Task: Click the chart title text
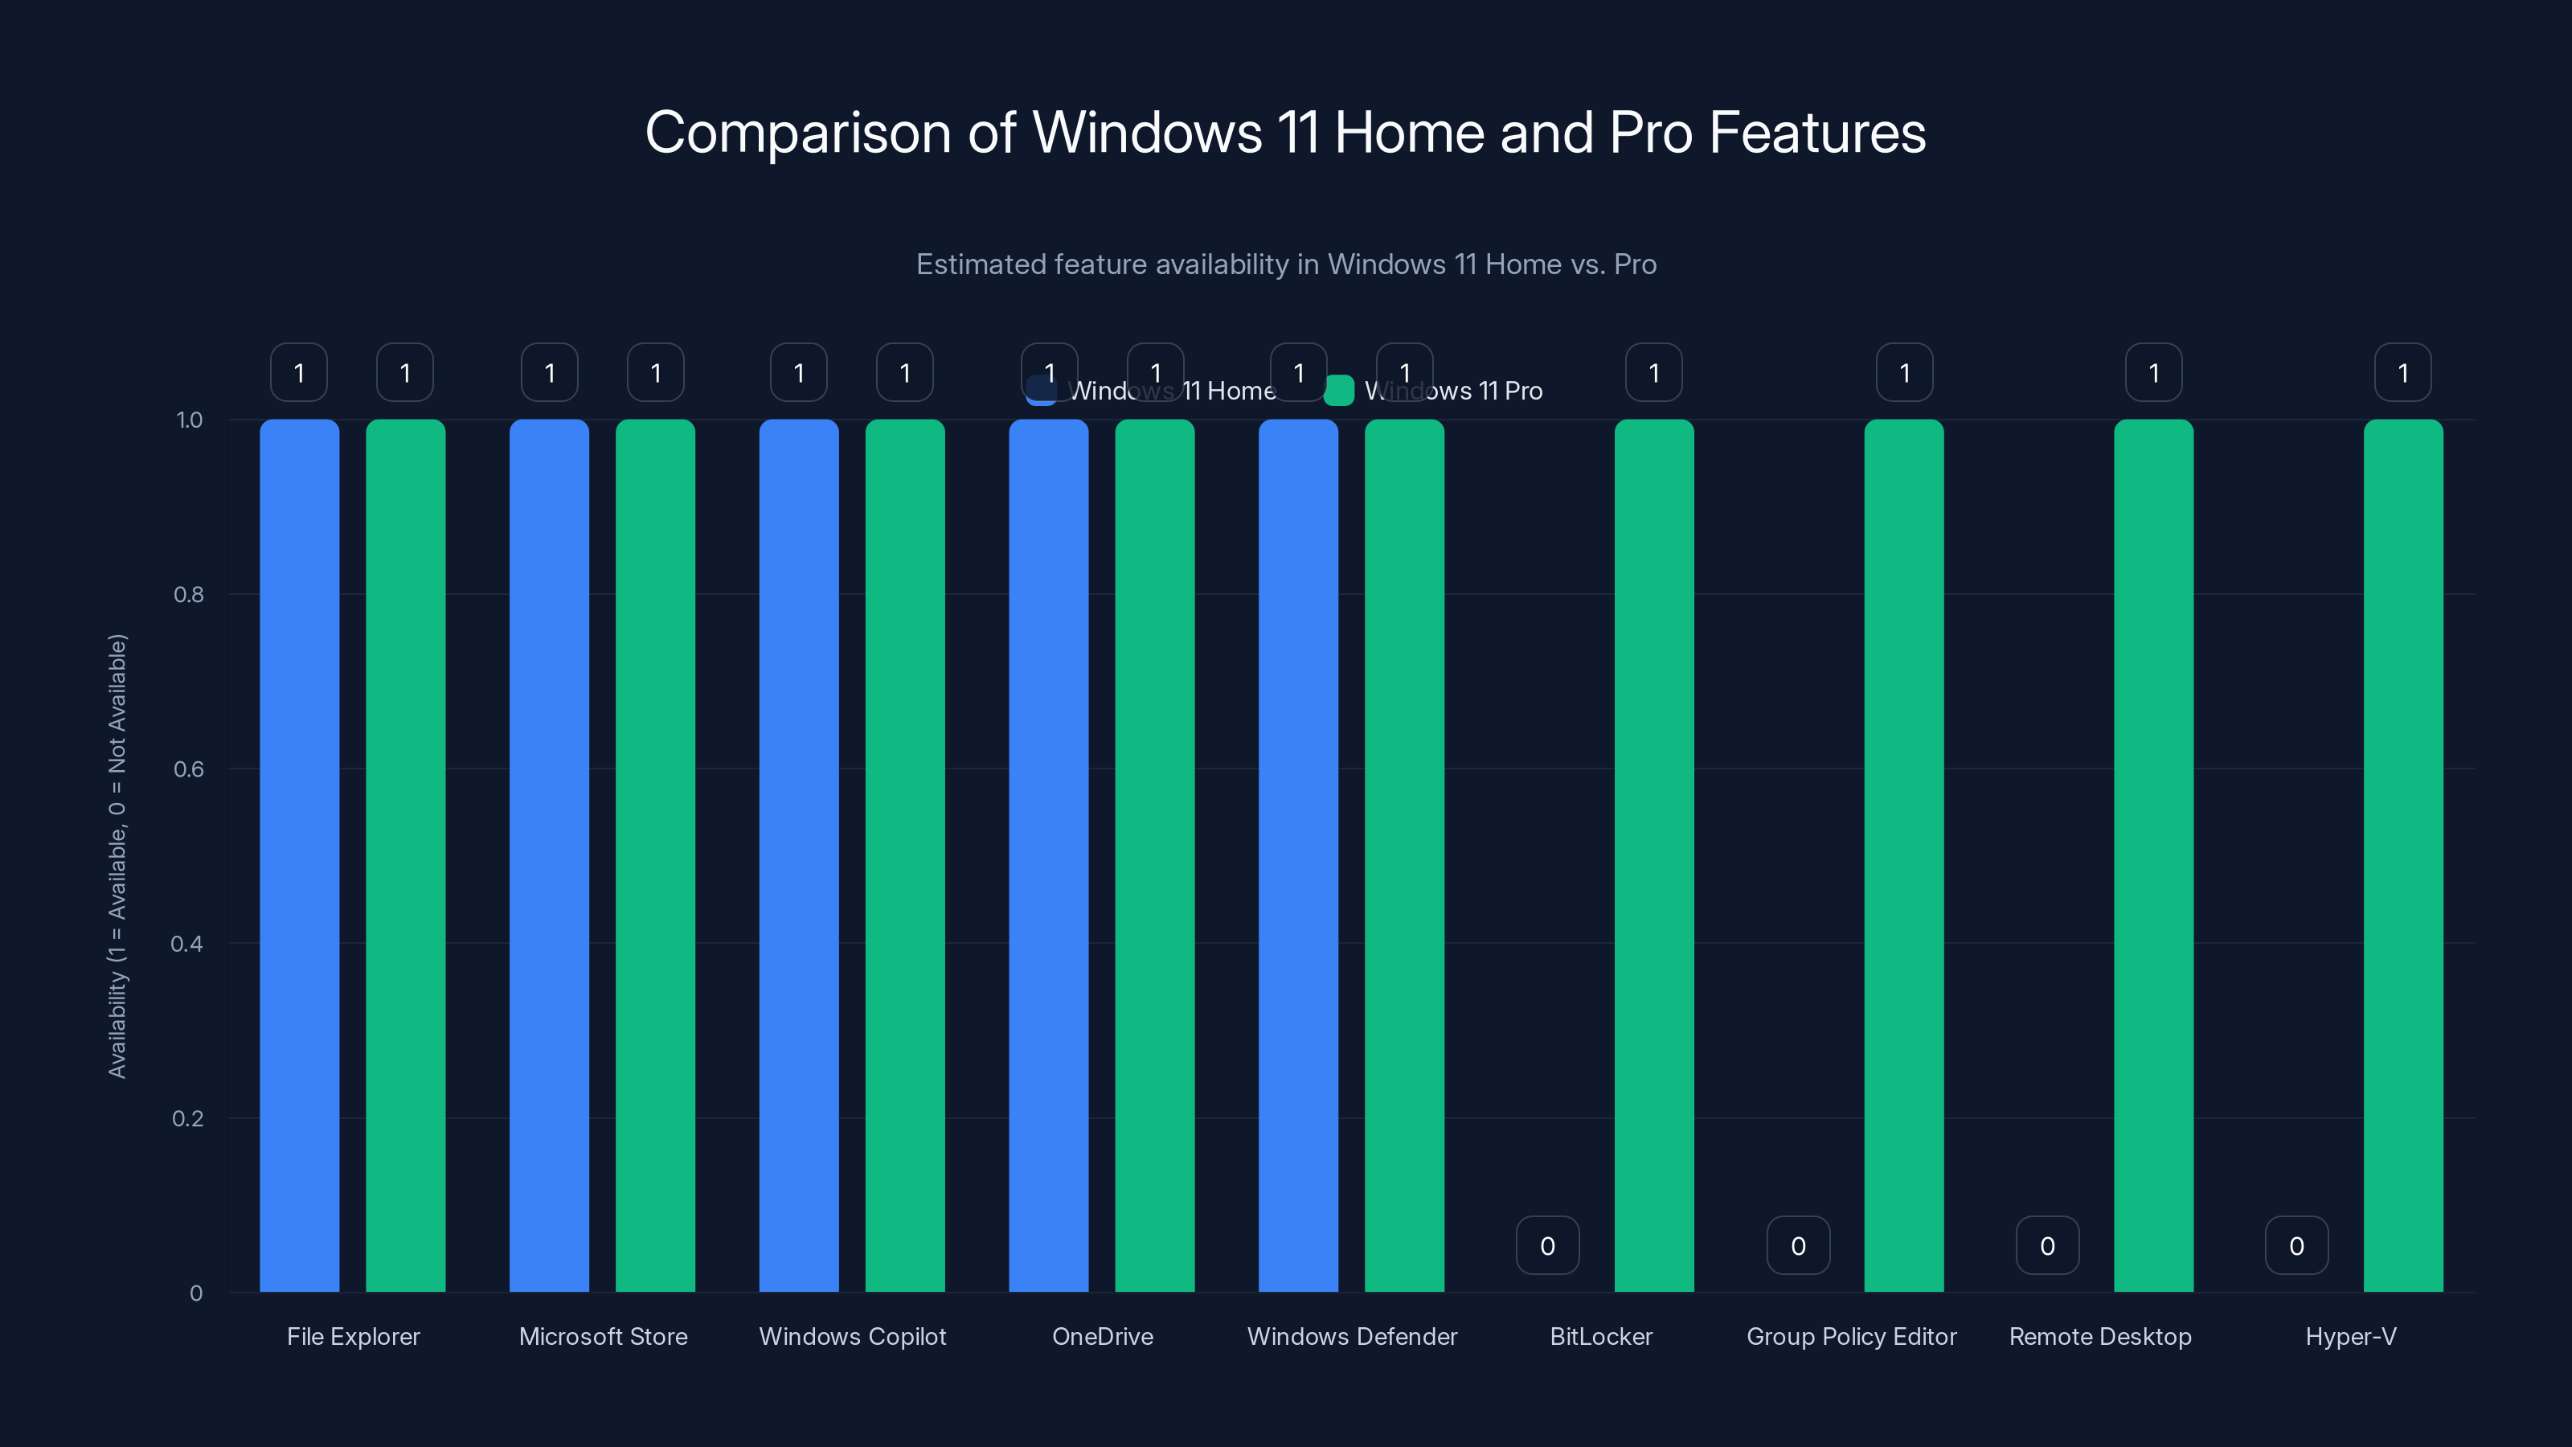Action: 1285,133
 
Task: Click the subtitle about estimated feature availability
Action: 1286,264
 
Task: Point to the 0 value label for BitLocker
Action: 1547,1245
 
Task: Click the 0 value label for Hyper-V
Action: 2296,1245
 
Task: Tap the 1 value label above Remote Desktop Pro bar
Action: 2154,372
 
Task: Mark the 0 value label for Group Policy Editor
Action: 1798,1245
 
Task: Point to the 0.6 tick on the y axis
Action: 188,769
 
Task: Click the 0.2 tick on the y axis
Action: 188,1118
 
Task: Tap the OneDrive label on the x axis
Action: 1102,1336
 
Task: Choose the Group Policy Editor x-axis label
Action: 1851,1336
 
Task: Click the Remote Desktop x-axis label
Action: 2099,1336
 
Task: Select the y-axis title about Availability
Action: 118,856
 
